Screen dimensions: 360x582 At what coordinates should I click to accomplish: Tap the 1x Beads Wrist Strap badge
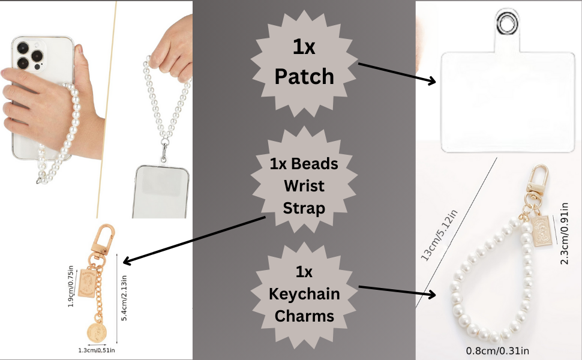pos(304,186)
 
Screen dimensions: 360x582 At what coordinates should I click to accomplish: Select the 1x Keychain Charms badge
pos(304,294)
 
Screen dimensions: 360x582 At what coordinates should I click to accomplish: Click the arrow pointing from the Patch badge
pos(397,72)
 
